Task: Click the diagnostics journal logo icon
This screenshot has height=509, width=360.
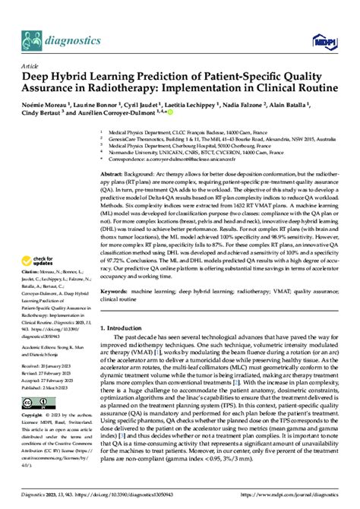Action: [x=31, y=37]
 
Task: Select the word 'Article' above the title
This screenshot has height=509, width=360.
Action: [x=29, y=66]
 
